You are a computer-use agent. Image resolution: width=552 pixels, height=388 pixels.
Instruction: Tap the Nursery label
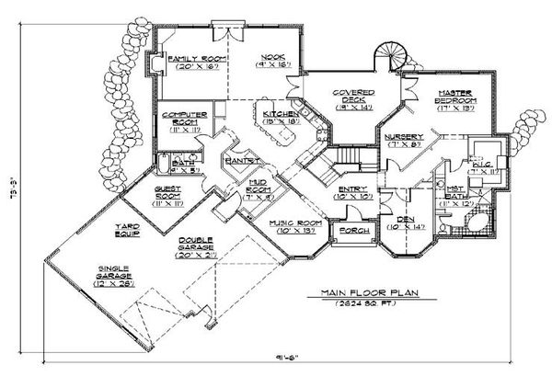404,138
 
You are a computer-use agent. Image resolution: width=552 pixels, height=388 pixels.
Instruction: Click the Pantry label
240,160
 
